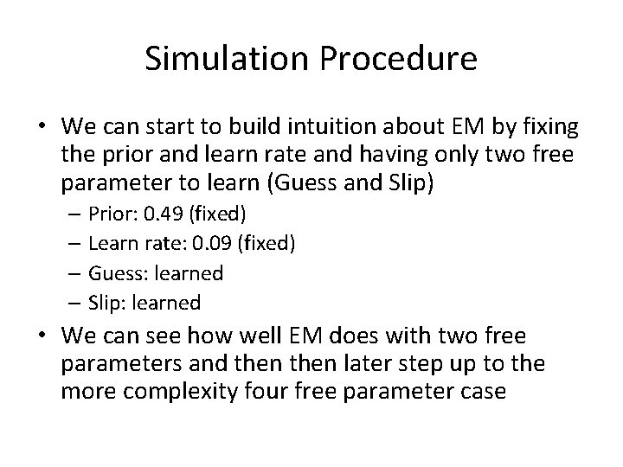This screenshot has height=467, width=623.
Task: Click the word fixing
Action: coord(549,127)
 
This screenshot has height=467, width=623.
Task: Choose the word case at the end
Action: coord(484,391)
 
